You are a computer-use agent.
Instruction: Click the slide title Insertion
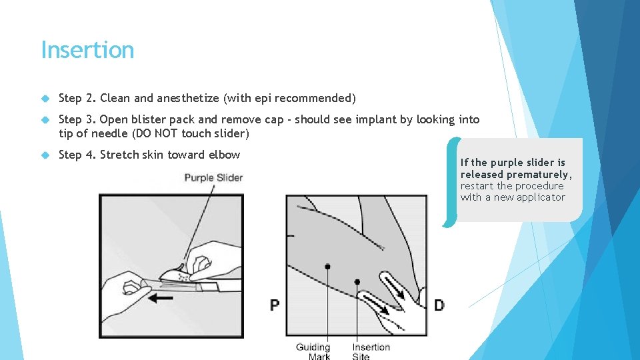(x=87, y=50)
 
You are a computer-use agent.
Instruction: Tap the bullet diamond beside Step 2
(x=45, y=99)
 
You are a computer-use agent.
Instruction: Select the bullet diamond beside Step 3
(x=45, y=120)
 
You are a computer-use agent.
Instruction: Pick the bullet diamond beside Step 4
(x=45, y=155)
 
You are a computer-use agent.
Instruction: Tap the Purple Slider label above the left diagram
(x=213, y=178)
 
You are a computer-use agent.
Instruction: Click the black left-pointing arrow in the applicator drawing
(x=161, y=299)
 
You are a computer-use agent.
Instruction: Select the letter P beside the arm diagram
(x=275, y=305)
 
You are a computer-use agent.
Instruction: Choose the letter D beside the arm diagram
(x=439, y=305)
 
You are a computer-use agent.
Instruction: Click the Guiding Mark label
(x=313, y=351)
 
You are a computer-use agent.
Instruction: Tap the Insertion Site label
(x=371, y=351)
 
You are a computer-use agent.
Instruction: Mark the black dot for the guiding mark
(x=327, y=267)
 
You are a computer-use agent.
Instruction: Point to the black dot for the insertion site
(x=357, y=281)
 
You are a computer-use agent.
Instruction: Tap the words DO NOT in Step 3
(x=156, y=133)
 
